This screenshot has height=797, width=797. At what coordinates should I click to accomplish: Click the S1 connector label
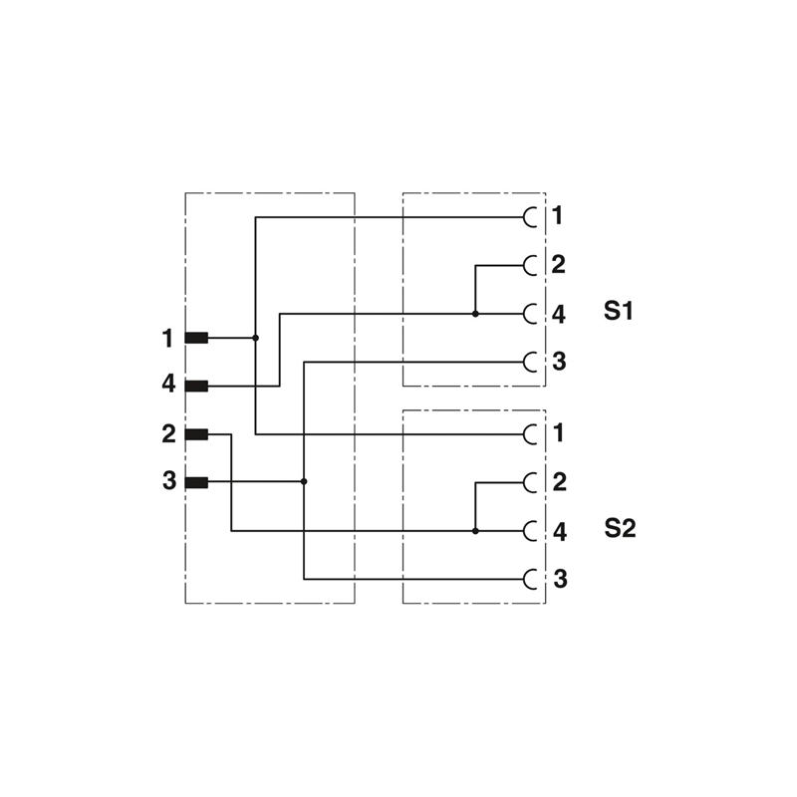[619, 311]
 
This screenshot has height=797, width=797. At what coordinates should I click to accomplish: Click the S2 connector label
[619, 528]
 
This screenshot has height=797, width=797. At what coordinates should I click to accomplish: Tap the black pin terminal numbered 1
[196, 338]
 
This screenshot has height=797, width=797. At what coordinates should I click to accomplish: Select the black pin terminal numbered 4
[196, 386]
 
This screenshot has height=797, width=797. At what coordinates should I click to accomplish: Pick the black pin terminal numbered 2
[196, 433]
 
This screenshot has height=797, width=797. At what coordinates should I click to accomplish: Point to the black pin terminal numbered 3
[196, 482]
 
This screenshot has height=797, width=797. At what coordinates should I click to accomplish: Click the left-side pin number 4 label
[168, 384]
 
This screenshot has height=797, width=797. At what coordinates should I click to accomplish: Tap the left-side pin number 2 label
[168, 433]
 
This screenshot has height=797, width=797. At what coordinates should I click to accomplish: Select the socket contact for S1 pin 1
[530, 216]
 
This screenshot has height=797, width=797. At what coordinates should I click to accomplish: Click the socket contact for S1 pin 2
[530, 265]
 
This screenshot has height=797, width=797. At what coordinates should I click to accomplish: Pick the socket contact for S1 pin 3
[530, 362]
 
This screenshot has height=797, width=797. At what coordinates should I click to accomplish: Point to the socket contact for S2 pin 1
[530, 433]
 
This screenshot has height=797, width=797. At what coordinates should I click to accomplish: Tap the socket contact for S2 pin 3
[530, 579]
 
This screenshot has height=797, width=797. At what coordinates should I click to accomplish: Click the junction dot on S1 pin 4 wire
[475, 314]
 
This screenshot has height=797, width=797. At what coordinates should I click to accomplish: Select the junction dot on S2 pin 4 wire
[475, 531]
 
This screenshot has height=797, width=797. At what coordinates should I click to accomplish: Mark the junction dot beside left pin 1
[255, 338]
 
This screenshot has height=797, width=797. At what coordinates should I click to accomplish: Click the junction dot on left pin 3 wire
[304, 481]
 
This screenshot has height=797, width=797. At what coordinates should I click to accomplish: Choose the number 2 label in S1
[558, 265]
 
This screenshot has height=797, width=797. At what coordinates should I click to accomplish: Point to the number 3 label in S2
[559, 579]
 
